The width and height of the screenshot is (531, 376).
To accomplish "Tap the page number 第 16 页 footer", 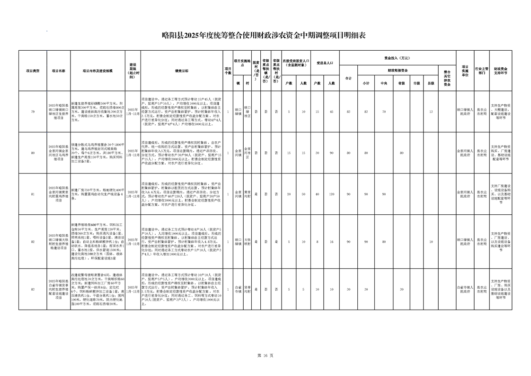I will click(265, 355).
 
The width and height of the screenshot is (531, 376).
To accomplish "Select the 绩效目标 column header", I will click(181, 71).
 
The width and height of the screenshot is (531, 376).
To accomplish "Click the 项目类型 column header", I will click(33, 71).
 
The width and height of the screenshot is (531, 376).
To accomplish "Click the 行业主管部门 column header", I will click(481, 71).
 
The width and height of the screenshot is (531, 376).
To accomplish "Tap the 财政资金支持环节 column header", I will click(500, 71).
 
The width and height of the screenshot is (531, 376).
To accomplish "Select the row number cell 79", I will click(33, 111).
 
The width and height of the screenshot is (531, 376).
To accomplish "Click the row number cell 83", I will click(33, 289).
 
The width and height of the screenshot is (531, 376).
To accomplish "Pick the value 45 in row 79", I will click(331, 111).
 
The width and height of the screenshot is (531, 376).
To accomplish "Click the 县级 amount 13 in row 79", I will click(430, 111).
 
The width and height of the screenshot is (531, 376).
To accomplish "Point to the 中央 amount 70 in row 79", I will click(383, 111).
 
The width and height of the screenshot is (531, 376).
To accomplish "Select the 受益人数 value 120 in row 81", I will click(331, 194).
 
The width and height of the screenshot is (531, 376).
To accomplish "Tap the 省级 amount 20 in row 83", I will click(401, 289).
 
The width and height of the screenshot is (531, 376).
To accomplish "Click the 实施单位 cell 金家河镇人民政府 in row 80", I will click(465, 153).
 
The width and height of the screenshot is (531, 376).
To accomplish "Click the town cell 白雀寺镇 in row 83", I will click(238, 289).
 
